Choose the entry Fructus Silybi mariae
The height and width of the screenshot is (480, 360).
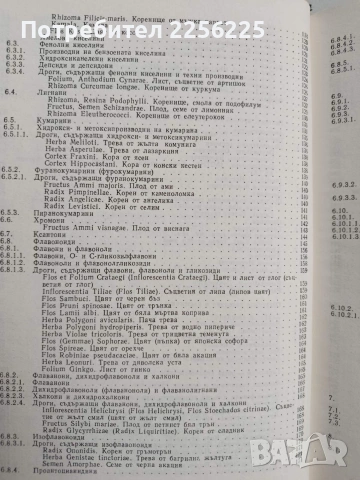point(125,399)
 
